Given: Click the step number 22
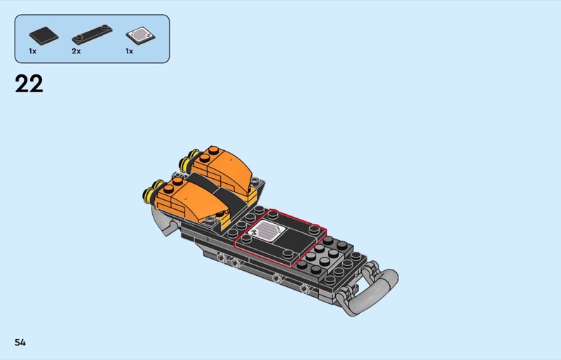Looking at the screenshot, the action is click(29, 84).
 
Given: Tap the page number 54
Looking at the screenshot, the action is click(20, 342).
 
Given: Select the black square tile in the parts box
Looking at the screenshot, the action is click(43, 36).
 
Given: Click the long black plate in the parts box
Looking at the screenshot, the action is click(93, 34).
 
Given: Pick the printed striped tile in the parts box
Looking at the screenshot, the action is click(141, 36).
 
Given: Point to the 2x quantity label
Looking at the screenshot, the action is click(76, 51).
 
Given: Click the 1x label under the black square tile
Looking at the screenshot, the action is click(32, 51).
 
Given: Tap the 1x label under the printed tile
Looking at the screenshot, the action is click(129, 51).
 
